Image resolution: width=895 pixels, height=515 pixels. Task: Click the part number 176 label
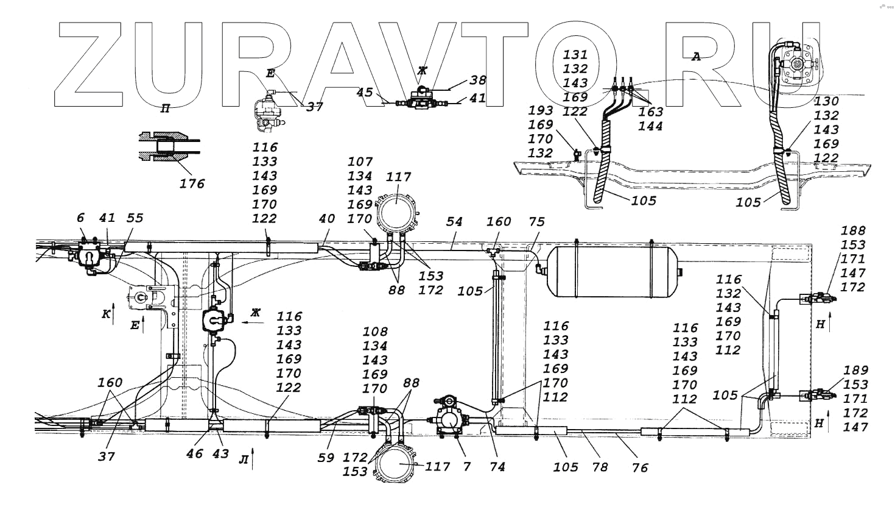192,183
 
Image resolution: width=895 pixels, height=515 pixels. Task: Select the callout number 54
454,222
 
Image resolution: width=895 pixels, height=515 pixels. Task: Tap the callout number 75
536,222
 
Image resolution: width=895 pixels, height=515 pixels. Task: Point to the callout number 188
853,230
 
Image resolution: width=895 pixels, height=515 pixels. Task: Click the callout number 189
856,370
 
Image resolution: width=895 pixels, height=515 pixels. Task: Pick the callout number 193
540,110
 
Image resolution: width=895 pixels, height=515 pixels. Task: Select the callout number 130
826,101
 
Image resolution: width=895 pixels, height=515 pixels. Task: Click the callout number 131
575,55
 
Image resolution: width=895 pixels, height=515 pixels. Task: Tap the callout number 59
326,456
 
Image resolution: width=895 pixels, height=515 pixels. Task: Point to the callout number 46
195,453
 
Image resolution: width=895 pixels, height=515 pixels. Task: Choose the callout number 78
599,467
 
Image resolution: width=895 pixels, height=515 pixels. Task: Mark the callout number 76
639,467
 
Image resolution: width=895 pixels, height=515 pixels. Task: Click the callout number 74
497,467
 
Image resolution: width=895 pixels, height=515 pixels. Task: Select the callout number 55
135,218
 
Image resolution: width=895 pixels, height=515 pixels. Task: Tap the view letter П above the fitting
164,109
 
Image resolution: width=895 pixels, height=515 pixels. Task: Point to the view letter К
106,314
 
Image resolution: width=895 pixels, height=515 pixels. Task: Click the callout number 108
374,332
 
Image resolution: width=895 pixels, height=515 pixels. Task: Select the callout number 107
360,162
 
